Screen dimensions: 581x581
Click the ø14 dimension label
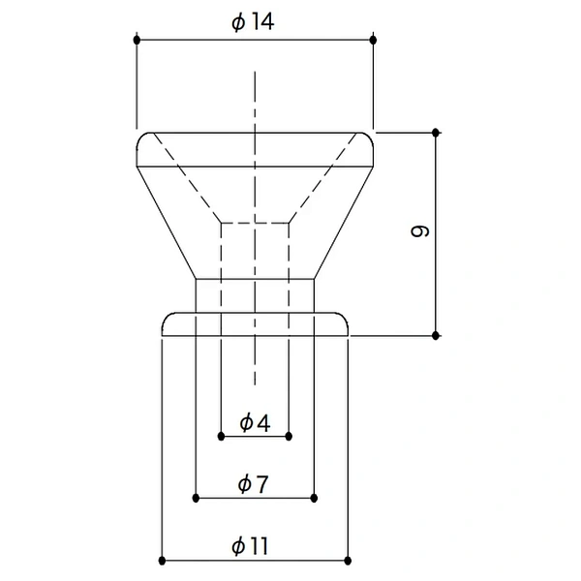tap(253, 22)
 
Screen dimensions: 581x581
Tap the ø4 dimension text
tap(255, 423)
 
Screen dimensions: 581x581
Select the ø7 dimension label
tap(253, 484)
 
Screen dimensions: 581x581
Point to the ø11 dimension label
tap(250, 546)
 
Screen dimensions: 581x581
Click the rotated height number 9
tap(420, 231)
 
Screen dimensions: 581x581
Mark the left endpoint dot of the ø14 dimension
tap(138, 40)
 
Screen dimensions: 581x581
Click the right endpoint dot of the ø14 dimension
tap(373, 40)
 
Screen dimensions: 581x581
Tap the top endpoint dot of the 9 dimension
tap(436, 133)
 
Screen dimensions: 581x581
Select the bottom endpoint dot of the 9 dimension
tap(436, 336)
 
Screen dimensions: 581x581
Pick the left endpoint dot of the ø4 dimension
tap(221, 436)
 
